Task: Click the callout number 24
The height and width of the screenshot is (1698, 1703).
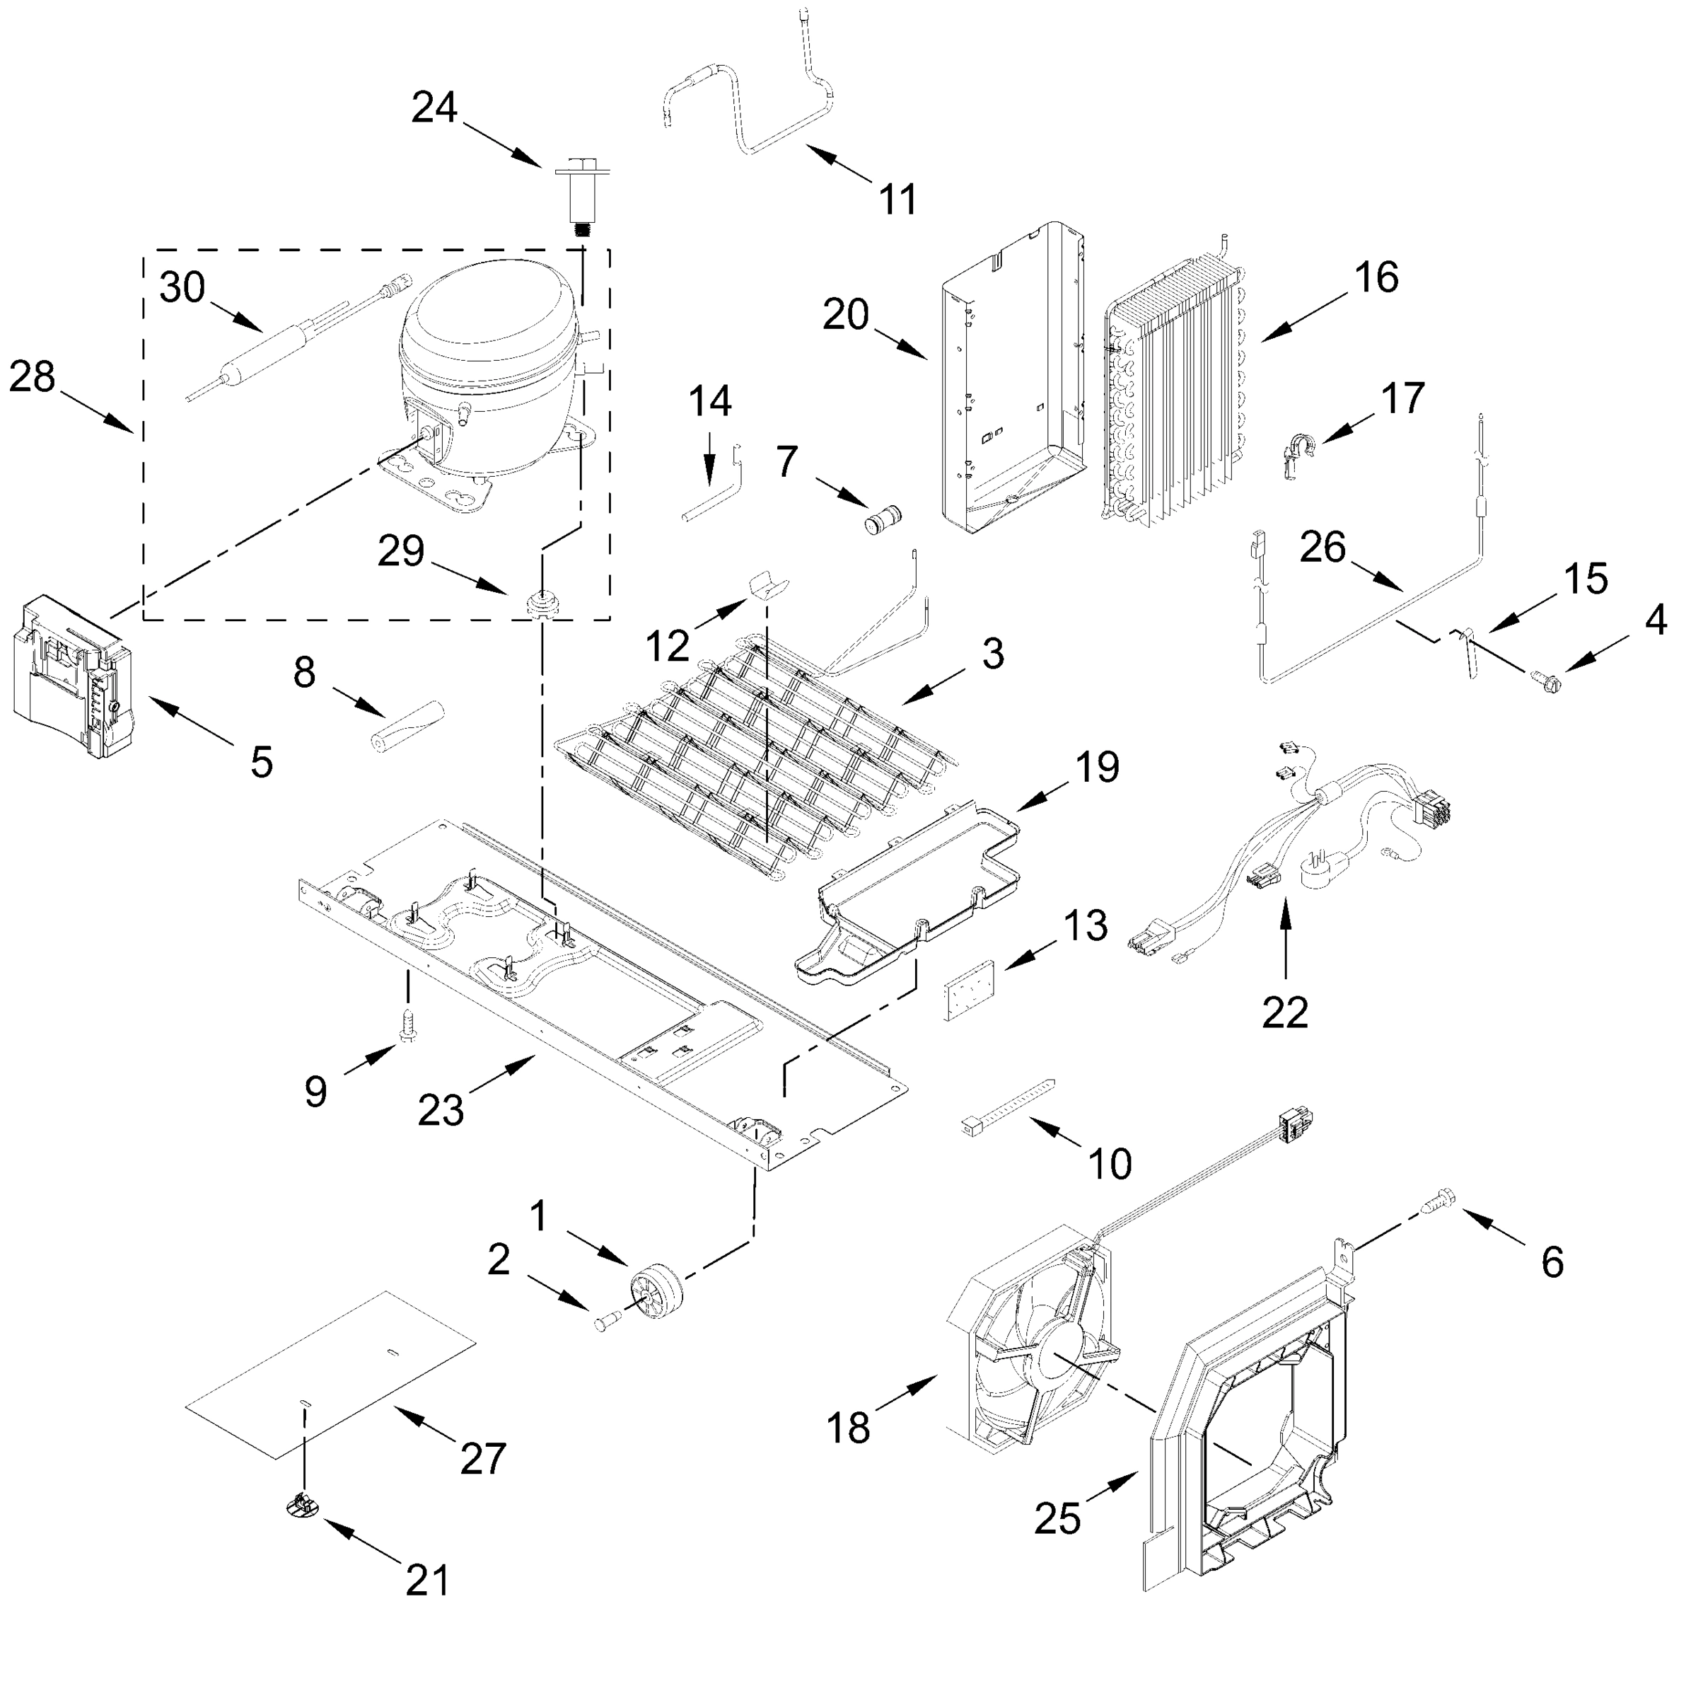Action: point(434,108)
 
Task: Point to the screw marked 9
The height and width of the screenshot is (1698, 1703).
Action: point(407,1026)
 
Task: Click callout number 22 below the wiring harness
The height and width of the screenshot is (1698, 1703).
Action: point(1284,1014)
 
